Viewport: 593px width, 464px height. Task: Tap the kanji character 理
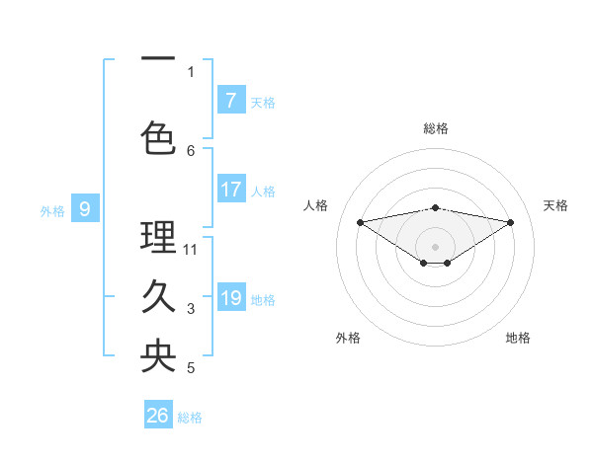(158, 237)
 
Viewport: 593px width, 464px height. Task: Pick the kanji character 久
(158, 296)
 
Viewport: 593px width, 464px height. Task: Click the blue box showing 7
(230, 101)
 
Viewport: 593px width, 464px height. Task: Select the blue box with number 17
(230, 190)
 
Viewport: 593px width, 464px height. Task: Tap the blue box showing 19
(230, 298)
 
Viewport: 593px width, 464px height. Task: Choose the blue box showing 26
(158, 416)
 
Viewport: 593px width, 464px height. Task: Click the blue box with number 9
(85, 209)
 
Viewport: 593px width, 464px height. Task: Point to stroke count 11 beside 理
(191, 249)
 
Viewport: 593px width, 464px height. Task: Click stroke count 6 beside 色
(191, 150)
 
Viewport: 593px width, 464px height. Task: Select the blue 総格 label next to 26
(190, 418)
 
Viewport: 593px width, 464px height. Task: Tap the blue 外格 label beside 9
(52, 210)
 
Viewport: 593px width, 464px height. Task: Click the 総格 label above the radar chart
(435, 128)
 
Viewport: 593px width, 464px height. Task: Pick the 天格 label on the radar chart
(556, 205)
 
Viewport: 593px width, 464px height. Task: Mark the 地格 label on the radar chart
(518, 338)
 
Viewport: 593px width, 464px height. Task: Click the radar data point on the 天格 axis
(511, 222)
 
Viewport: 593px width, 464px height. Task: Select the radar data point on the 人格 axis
(360, 221)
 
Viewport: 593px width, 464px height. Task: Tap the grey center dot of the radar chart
(435, 246)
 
